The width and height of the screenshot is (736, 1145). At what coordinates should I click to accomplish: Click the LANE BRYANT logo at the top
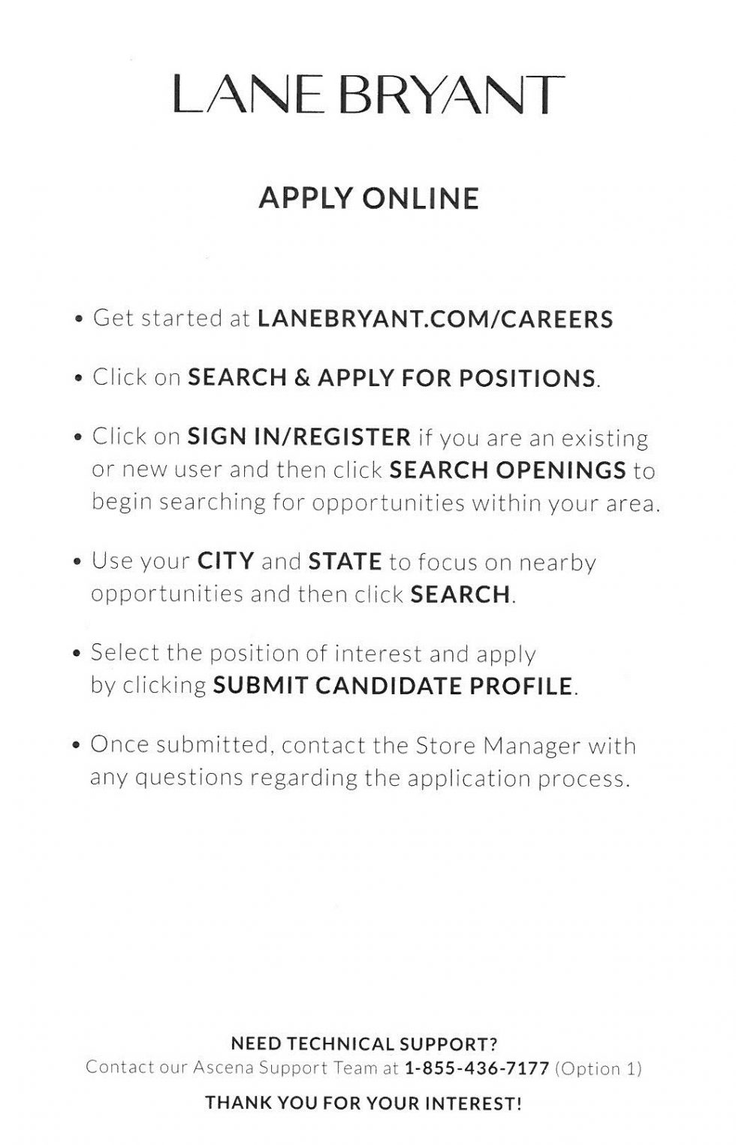367,95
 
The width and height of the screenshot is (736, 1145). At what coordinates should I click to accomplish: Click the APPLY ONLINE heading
368,198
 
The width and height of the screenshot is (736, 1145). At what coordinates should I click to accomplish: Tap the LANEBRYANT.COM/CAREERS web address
435,319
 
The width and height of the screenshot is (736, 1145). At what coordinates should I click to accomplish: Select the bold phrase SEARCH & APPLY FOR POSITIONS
391,378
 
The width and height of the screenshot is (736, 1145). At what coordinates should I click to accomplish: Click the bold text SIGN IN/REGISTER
299,437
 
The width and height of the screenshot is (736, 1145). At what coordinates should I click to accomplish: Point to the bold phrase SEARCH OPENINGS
508,470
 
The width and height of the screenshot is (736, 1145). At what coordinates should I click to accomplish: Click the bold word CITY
225,561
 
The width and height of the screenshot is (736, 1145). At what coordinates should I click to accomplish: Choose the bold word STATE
345,561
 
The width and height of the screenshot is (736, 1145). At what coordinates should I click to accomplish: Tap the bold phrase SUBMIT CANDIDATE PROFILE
393,686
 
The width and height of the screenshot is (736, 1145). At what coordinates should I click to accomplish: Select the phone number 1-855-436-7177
477,1068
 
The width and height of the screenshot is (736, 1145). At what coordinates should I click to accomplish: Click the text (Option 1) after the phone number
598,1068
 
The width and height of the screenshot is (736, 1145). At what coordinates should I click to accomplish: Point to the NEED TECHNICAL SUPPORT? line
364,1044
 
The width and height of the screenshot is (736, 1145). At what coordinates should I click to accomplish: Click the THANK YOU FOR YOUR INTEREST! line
363,1104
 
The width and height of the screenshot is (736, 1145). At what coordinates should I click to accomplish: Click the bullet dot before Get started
79,320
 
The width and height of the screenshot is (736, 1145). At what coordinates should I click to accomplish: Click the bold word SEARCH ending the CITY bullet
460,595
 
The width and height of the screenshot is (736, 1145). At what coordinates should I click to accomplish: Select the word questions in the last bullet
189,778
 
